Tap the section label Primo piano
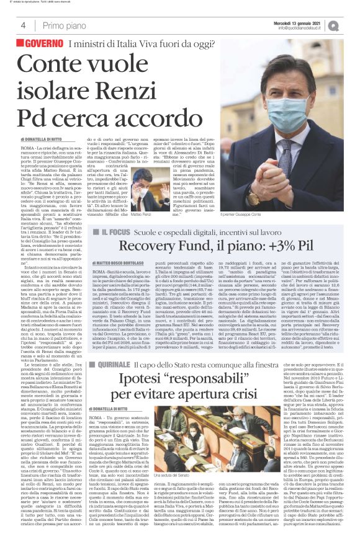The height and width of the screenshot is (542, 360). click(x=64, y=25)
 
